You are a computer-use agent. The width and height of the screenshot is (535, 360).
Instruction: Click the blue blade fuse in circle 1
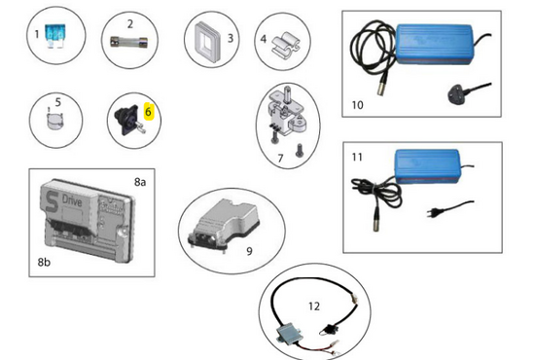(x=55, y=36)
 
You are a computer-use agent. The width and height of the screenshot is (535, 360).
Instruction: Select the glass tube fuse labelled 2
(x=129, y=43)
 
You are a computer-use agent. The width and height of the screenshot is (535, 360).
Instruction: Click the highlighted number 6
(x=148, y=112)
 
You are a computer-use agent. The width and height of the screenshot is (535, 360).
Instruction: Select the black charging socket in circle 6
(x=129, y=120)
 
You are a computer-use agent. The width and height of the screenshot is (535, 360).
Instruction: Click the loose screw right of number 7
(x=300, y=151)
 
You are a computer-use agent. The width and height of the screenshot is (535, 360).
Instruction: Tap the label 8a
(x=140, y=182)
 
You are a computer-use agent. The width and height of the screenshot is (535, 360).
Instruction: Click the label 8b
(x=44, y=262)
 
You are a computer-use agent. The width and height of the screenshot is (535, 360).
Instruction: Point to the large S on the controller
(x=52, y=202)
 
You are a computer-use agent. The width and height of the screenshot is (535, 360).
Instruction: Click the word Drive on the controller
(x=72, y=200)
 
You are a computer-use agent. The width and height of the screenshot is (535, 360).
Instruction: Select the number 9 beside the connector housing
(x=249, y=251)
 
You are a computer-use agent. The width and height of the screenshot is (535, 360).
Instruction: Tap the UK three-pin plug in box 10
(x=457, y=92)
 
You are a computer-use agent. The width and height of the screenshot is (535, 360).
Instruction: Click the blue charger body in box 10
(x=435, y=44)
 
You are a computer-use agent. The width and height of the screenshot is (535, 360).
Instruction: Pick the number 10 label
(x=357, y=105)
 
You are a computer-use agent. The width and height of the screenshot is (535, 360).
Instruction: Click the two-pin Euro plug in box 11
(x=433, y=213)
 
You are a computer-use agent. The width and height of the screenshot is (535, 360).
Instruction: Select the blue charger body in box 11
(x=428, y=166)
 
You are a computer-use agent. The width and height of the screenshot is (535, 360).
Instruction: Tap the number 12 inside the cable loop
(x=314, y=306)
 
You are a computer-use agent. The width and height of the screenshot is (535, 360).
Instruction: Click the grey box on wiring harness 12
(x=288, y=332)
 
